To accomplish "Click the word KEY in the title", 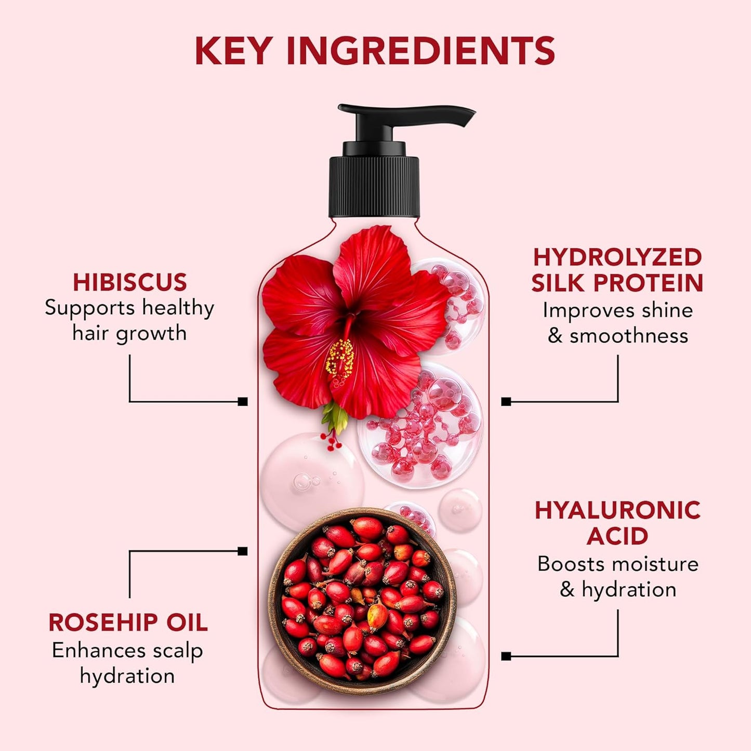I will pyautogui.click(x=233, y=50).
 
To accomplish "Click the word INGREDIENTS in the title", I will pyautogui.click(x=420, y=50).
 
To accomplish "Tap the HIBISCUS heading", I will pyautogui.click(x=129, y=282).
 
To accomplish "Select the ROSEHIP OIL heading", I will pyautogui.click(x=128, y=622).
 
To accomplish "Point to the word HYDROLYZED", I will pyautogui.click(x=617, y=257).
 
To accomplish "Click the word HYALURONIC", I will pyautogui.click(x=617, y=510).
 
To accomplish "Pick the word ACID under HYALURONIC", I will pyautogui.click(x=617, y=536).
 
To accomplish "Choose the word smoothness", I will pyautogui.click(x=629, y=336).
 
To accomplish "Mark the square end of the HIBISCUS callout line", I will pyautogui.click(x=242, y=401).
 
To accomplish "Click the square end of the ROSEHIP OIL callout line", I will pyautogui.click(x=242, y=551).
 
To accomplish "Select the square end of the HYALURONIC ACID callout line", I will pyautogui.click(x=506, y=656).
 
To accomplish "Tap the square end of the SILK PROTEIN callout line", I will pyautogui.click(x=506, y=401).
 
